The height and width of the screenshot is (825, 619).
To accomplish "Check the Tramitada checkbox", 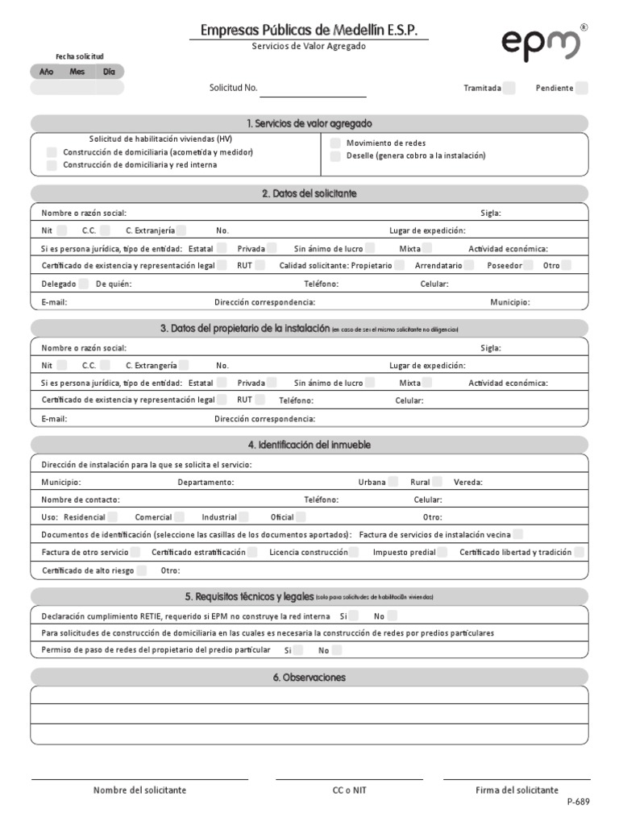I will pos(509,89).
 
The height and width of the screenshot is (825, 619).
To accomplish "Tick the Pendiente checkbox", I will pos(582,89).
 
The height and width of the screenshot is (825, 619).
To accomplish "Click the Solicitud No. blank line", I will pos(313,89).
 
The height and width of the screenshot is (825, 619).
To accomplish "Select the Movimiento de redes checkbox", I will pos(335,143).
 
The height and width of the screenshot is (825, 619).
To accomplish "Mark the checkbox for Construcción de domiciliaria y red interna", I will pos(52,165).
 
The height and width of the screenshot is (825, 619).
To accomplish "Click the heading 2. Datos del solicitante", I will pos(309,194).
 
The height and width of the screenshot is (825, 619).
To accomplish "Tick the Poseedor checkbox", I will pos(529,265).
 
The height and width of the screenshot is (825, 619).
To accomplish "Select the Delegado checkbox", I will pos(83,284).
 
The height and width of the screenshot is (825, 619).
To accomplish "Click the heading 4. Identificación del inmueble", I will pos(309,445).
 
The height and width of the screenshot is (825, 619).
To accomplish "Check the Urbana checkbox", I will pos(393,482).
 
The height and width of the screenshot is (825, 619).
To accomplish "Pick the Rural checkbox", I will pos(436,482).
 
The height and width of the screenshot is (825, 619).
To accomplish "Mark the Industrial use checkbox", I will pos(243,517).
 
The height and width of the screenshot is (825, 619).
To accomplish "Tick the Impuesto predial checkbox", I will pos(442,553).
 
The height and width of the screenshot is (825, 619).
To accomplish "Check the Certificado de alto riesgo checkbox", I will pos(142,571).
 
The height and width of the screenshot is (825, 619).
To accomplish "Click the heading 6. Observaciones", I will pos(309,678).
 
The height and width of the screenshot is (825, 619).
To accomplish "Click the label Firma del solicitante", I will pos(517,790).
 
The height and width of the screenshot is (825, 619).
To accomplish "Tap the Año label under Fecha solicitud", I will pos(47,72).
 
